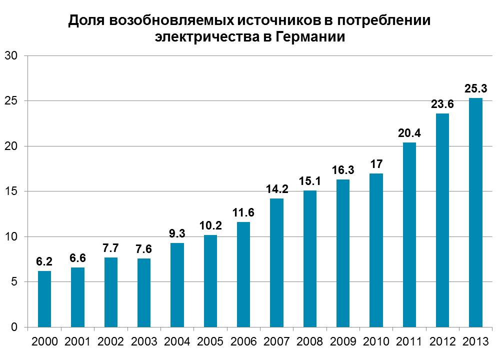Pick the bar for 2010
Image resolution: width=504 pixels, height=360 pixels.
(376, 250)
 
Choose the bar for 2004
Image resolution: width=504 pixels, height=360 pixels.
(177, 285)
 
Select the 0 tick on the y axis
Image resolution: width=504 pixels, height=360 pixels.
(14, 327)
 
